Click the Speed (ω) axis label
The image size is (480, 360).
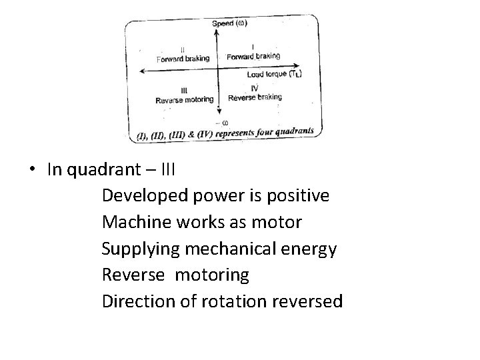pos(230,24)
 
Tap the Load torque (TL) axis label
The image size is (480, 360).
pos(274,74)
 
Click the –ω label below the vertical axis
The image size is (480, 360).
pos(223,122)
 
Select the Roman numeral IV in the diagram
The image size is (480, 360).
pos(255,88)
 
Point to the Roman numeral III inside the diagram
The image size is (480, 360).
pos(183,91)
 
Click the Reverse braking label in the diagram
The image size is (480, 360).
pos(255,97)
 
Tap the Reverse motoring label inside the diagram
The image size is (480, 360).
pos(184,100)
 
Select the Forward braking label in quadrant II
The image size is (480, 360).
pos(183,59)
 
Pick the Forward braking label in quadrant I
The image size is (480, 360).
pos(253,57)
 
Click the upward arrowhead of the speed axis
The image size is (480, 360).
pos(219,31)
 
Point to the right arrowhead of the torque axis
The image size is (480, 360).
pos(298,69)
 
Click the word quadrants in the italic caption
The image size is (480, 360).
pos(291,131)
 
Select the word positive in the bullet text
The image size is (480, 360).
pos(297,196)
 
